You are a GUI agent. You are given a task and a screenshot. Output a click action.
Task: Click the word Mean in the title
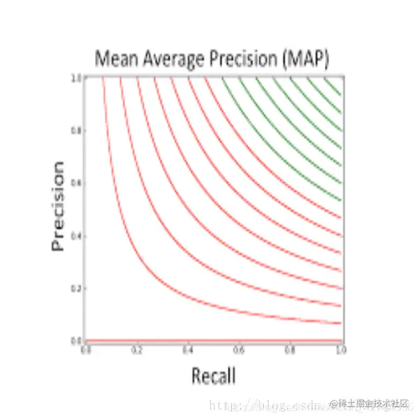pyautogui.click(x=116, y=59)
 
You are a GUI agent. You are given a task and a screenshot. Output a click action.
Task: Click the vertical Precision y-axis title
pyautogui.click(x=58, y=207)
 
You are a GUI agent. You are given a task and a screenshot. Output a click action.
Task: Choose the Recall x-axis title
pyautogui.click(x=213, y=377)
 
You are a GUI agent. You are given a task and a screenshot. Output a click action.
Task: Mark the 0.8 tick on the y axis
pyautogui.click(x=76, y=130)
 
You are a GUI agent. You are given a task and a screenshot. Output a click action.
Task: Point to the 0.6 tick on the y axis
pyautogui.click(x=76, y=183)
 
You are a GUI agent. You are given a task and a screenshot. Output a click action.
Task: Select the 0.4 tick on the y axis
pyautogui.click(x=76, y=236)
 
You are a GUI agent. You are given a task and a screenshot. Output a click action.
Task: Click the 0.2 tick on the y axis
pyautogui.click(x=76, y=288)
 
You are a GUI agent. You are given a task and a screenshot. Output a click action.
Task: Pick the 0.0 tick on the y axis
pyautogui.click(x=76, y=340)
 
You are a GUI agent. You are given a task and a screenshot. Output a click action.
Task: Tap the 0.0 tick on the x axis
pyautogui.click(x=85, y=348)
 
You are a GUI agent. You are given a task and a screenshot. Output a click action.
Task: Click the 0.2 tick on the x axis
pyautogui.click(x=137, y=348)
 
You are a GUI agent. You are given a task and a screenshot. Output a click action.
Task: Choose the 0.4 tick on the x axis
pyautogui.click(x=188, y=348)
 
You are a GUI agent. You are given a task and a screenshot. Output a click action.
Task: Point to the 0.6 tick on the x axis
pyautogui.click(x=239, y=348)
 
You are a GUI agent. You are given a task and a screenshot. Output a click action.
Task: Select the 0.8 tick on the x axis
pyautogui.click(x=290, y=348)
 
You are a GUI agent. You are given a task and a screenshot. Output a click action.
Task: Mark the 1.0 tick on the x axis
pyautogui.click(x=340, y=348)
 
